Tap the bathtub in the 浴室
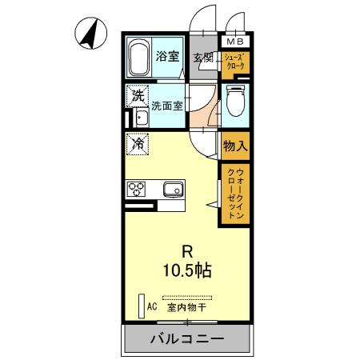[142, 58]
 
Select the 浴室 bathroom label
[168, 58]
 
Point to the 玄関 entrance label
[203, 58]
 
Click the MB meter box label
[235, 42]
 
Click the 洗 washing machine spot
[138, 95]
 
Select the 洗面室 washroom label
[169, 103]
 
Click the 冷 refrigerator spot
[138, 144]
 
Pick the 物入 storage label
[234, 147]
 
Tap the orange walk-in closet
[234, 193]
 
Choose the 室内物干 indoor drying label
[186, 306]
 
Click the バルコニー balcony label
[187, 338]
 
